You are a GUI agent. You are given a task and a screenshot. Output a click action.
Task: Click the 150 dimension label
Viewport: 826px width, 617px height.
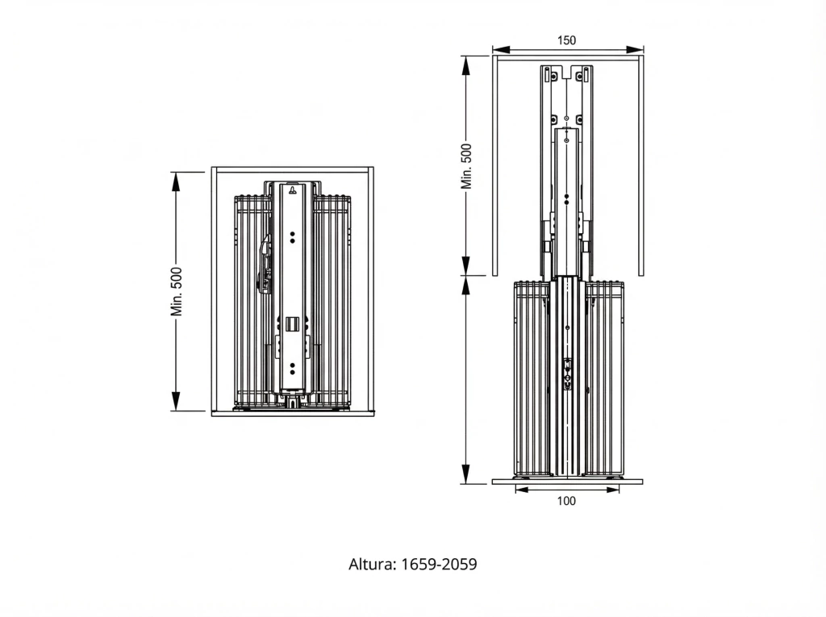[566, 40]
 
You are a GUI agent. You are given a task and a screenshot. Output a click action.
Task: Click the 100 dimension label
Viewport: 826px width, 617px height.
[566, 501]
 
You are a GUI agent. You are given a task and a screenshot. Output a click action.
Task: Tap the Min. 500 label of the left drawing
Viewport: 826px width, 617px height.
[176, 291]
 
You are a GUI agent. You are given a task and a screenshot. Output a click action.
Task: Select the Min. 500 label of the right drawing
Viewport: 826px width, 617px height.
[466, 166]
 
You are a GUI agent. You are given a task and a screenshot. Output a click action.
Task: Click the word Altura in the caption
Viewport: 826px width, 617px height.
[373, 565]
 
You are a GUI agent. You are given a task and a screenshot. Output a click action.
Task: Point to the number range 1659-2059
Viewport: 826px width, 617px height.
[440, 565]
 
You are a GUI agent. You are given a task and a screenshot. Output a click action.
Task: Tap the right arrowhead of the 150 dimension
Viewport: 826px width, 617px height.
[635, 49]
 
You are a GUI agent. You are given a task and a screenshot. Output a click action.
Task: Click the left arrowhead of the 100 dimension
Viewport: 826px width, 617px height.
[522, 490]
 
